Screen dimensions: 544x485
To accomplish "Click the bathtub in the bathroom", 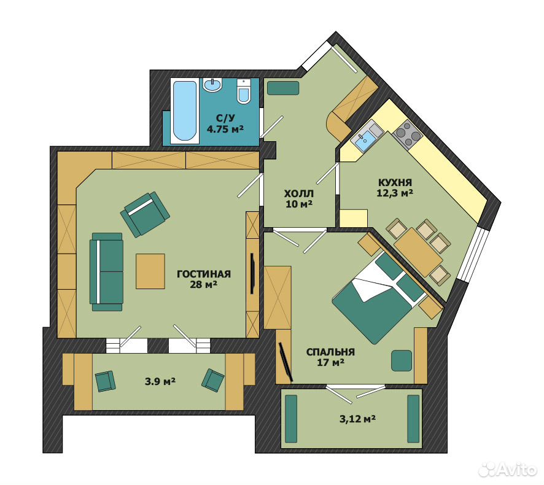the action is point(185,111).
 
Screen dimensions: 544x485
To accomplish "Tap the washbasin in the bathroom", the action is point(212,85).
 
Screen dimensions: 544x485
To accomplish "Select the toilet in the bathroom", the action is point(244,91).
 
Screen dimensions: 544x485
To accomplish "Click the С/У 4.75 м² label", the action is point(225,124).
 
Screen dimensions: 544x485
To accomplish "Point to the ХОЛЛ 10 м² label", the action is point(299,198).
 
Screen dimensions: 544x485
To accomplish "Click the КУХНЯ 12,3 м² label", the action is point(395,187).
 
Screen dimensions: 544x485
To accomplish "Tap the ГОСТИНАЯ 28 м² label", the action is point(204,279).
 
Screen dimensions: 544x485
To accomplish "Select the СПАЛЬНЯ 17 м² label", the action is point(330,357).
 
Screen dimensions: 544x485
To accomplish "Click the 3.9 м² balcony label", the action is point(160,382).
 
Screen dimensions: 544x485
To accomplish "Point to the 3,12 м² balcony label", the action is point(357,419).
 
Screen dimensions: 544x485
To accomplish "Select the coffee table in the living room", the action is point(150,271).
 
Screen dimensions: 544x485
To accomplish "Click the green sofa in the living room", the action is point(106,272).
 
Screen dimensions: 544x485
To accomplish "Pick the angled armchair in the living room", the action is point(145,214).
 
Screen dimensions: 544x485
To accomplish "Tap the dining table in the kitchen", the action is point(419,251).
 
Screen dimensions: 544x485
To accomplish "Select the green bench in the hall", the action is point(283,88).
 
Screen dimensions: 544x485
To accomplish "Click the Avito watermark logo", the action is point(507,470).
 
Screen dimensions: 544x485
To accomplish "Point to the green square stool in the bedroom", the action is point(402,360).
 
